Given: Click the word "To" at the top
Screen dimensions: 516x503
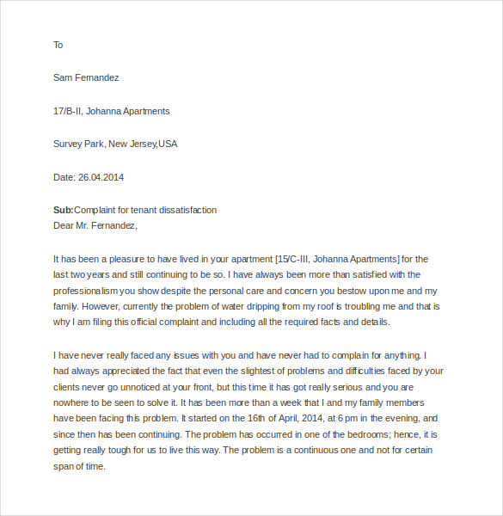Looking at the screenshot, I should (x=58, y=45).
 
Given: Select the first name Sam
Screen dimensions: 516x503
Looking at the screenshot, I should (x=63, y=77).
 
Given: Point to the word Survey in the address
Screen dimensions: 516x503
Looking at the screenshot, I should (x=69, y=144).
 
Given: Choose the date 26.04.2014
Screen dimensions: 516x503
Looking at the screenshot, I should (x=101, y=177).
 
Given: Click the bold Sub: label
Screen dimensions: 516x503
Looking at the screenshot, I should (x=64, y=210).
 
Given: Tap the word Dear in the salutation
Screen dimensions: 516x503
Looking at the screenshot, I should (x=64, y=226).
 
